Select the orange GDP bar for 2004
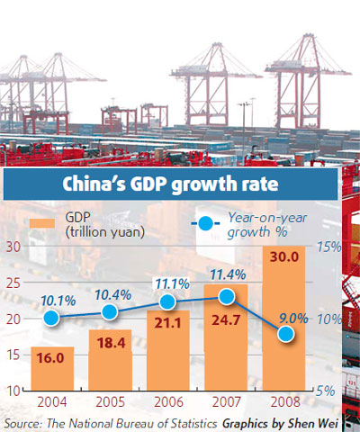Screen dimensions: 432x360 tap(52, 369)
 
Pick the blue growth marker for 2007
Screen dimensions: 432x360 tap(227, 296)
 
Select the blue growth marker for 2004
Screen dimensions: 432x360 tap(52, 318)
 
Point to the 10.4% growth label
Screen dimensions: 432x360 tap(110, 290)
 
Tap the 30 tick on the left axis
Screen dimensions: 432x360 tap(14, 247)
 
